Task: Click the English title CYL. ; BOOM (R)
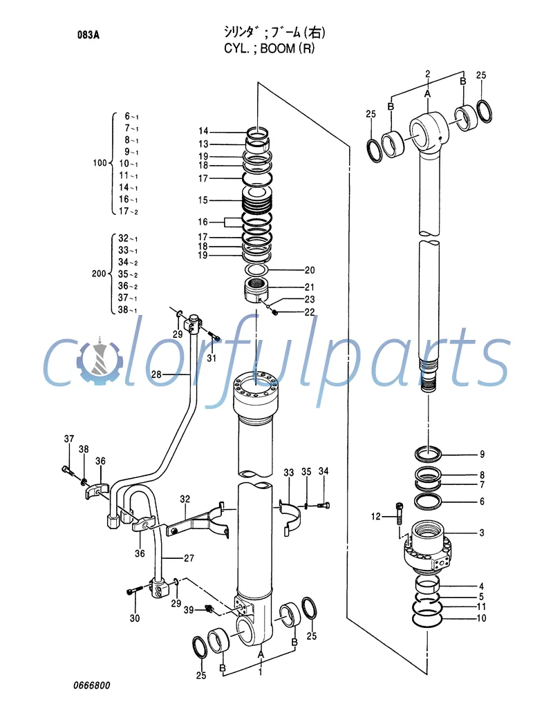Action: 274,48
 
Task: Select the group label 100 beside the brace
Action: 100,164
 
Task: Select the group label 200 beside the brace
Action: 100,274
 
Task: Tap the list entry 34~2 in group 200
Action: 128,263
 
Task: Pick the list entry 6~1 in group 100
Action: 131,116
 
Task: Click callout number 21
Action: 309,287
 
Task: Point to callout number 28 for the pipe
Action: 156,374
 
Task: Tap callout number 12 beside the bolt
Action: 375,516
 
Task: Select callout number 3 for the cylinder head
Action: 481,533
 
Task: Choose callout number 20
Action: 309,270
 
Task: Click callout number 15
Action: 203,200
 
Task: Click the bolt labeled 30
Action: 135,591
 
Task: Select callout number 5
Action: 481,596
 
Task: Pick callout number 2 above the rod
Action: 428,73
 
